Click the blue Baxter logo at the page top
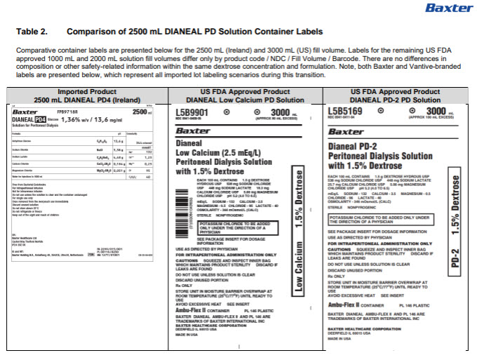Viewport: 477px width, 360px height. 444,8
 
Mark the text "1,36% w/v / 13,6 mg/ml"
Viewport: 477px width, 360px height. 92,119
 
